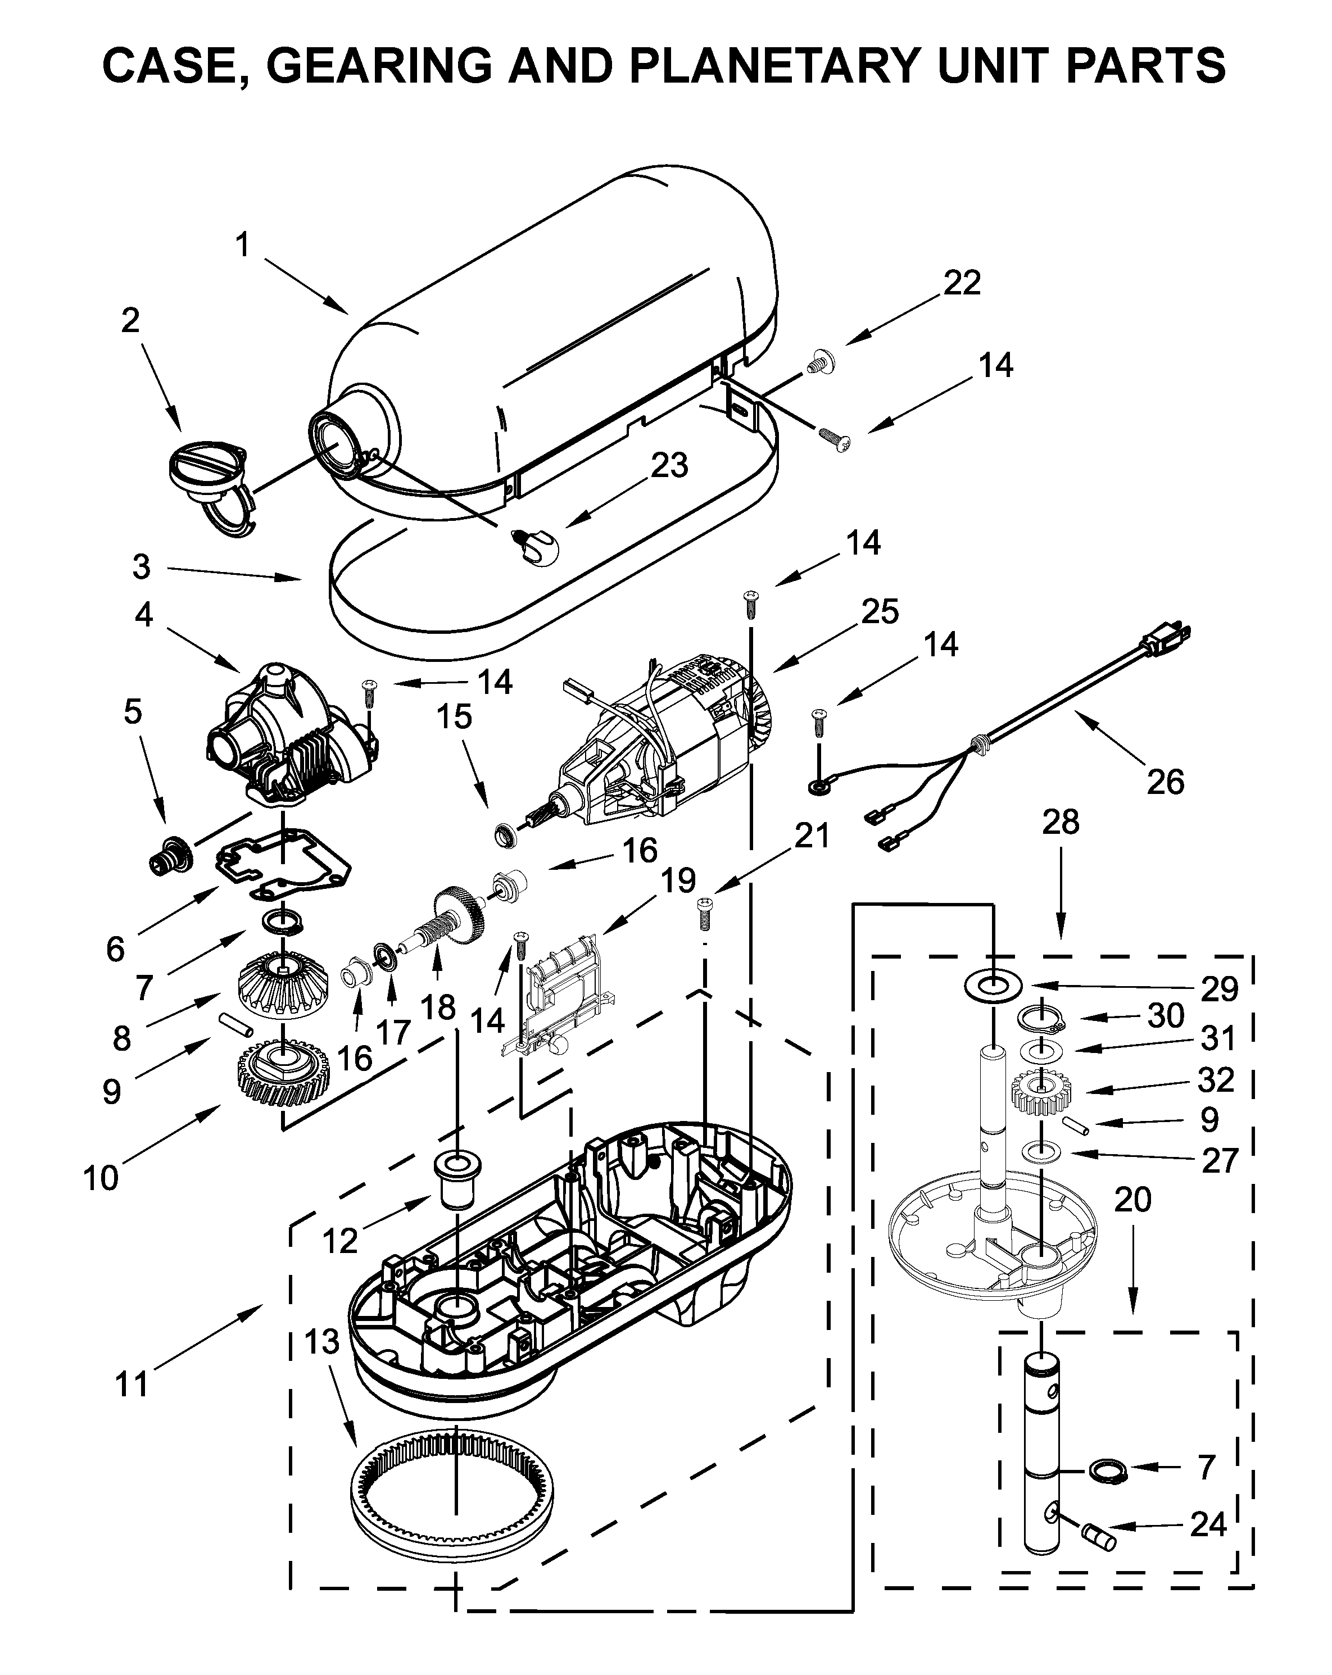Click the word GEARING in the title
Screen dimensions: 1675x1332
point(378,65)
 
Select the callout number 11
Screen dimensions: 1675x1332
point(130,1383)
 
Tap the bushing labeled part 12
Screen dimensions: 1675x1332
point(456,1180)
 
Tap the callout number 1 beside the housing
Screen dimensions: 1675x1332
point(242,245)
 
